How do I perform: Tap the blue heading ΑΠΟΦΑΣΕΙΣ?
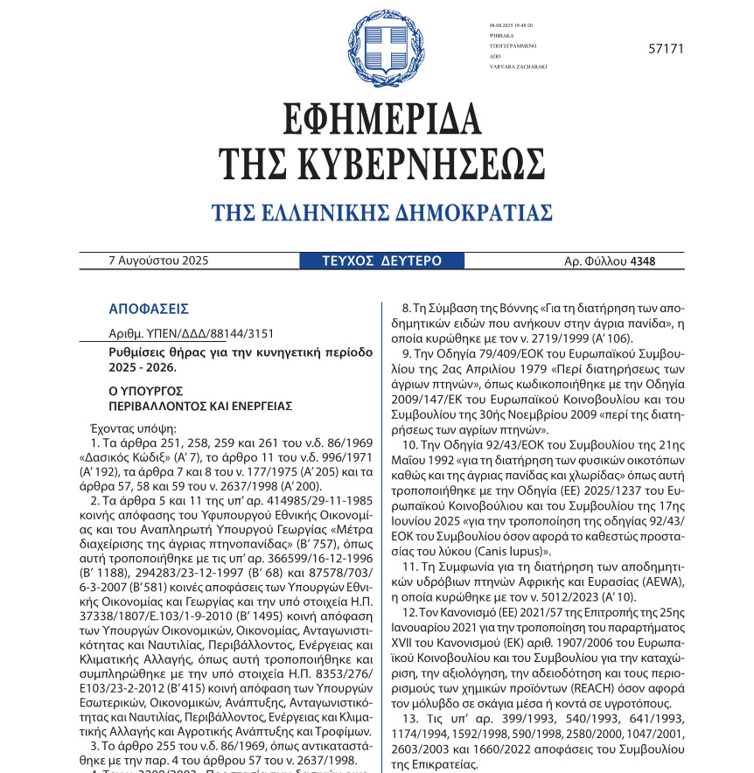(x=149, y=309)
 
